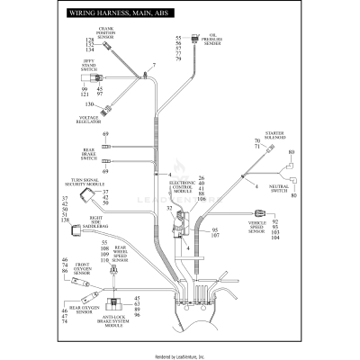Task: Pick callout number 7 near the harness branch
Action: [154, 66]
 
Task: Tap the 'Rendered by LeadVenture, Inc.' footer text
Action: [180, 355]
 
